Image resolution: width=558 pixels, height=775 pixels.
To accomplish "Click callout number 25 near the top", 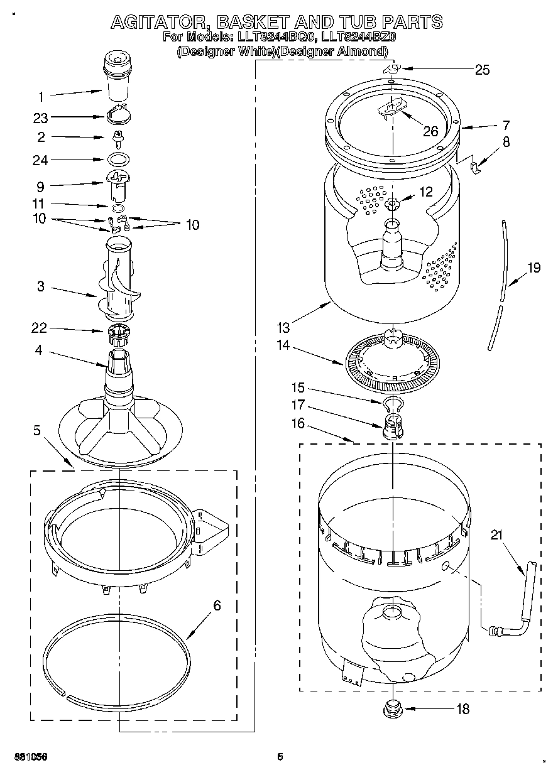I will (481, 70).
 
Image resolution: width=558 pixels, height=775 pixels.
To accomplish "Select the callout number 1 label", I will (41, 97).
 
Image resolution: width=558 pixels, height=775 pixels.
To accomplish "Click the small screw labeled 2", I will (116, 136).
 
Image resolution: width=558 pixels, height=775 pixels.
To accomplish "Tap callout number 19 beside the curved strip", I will (533, 268).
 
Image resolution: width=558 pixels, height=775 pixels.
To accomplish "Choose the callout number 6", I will (217, 605).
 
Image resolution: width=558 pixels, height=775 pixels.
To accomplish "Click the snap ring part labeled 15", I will (391, 403).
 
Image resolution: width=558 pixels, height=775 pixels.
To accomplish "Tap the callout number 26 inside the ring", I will (430, 131).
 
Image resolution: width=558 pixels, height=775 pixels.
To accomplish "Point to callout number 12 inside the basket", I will (426, 193).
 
